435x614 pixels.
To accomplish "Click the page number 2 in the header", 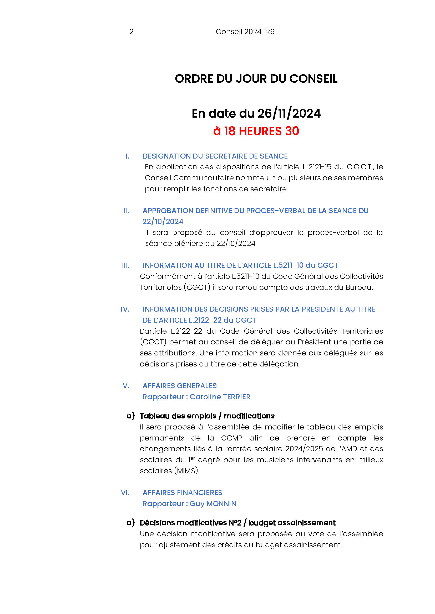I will (131, 32).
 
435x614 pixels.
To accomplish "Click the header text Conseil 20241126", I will (245, 32).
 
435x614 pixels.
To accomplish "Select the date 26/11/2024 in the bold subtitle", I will (289, 114).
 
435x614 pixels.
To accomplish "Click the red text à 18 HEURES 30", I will (256, 131).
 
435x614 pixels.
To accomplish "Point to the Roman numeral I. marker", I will (128, 156).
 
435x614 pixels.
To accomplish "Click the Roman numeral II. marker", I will (127, 211).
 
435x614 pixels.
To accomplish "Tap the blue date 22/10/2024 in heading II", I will (163, 222).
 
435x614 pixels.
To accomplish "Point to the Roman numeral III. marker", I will (126, 265).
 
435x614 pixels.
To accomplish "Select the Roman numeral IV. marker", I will (125, 309).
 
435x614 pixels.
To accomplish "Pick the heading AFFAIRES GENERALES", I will (179, 386).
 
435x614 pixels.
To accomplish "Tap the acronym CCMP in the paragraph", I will (231, 438).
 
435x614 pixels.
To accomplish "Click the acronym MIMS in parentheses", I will (187, 471).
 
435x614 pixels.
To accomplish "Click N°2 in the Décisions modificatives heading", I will (235, 523).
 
